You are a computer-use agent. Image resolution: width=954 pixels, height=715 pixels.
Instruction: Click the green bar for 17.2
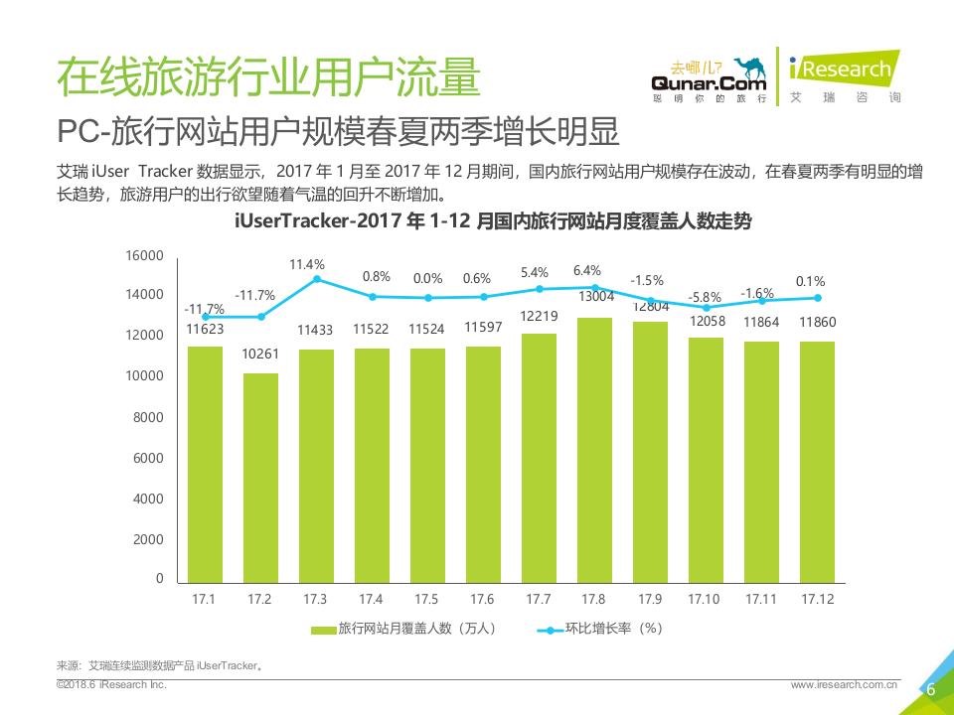pyautogui.click(x=260, y=478)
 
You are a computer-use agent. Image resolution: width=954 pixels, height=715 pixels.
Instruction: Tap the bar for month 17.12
pyautogui.click(x=817, y=462)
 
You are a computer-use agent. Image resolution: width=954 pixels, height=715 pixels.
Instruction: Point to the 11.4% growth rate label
pyautogui.click(x=307, y=264)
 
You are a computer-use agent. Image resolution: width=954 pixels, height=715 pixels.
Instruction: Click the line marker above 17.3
pyautogui.click(x=316, y=279)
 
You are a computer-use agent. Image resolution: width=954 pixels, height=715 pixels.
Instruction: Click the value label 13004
pyautogui.click(x=594, y=296)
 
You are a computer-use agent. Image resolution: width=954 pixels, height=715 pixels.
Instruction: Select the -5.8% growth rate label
pyautogui.click(x=705, y=297)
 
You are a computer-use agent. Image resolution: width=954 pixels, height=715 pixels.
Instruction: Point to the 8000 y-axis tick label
pyautogui.click(x=148, y=417)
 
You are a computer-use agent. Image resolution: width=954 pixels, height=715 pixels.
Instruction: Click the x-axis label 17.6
pyautogui.click(x=483, y=599)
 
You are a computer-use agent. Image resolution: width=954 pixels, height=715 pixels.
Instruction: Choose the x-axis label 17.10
pyautogui.click(x=705, y=599)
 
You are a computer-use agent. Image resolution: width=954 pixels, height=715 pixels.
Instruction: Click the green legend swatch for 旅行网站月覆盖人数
pyautogui.click(x=323, y=629)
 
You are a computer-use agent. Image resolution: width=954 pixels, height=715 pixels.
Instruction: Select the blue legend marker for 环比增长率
pyautogui.click(x=550, y=629)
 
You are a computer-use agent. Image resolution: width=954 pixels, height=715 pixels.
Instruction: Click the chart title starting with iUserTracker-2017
pyautogui.click(x=493, y=221)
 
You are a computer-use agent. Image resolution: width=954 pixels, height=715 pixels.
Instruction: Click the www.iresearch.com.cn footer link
pyautogui.click(x=844, y=684)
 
